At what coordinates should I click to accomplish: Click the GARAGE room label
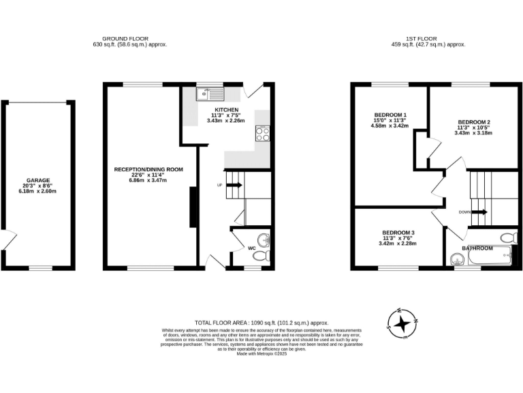click(38, 181)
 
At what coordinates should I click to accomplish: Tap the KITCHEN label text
click(226, 111)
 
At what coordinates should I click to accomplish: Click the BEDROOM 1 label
click(390, 114)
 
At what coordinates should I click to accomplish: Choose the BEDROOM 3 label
click(398, 233)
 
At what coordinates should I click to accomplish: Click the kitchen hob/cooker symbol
click(261, 132)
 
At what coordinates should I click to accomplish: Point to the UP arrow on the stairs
click(233, 185)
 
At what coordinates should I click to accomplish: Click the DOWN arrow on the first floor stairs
click(478, 212)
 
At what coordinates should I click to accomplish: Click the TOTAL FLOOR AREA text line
click(261, 322)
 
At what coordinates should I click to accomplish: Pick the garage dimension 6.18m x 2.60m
click(38, 192)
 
